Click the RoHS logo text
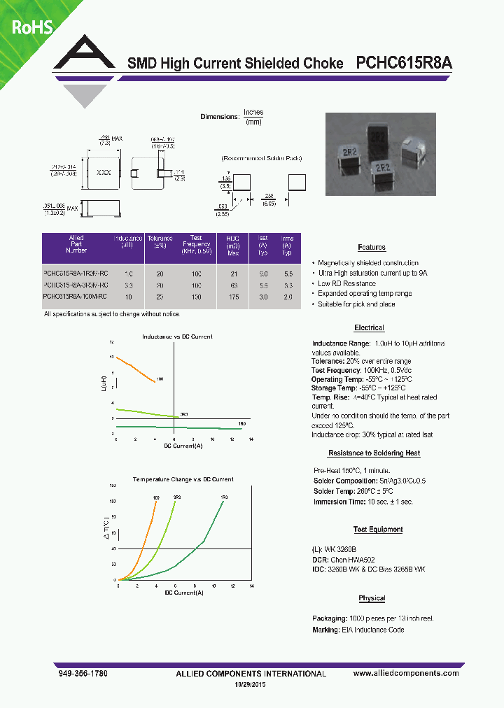(30, 27)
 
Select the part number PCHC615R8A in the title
(404, 63)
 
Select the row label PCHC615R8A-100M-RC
(75, 297)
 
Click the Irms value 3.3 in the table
(287, 285)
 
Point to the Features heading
(371, 248)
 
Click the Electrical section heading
(369, 328)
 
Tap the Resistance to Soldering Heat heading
(374, 453)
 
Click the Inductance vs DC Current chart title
(177, 337)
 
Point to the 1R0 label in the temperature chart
(224, 497)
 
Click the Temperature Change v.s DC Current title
(183, 479)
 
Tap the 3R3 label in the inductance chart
(184, 415)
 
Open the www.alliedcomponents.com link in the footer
(406, 673)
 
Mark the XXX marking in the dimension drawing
(103, 171)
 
